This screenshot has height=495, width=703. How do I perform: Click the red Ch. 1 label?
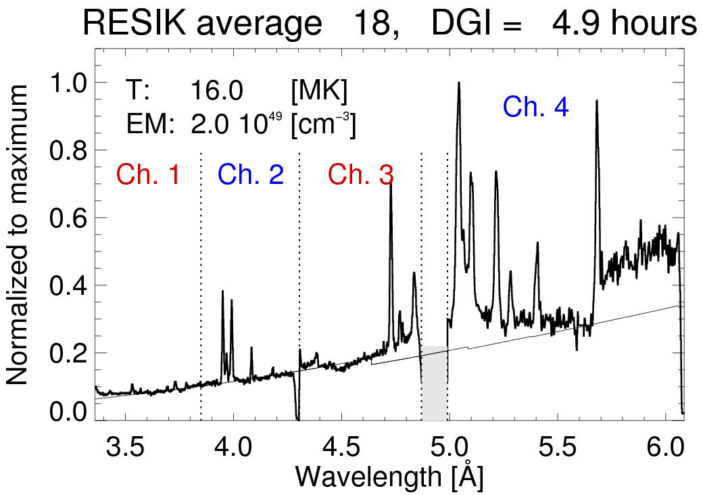[148, 175]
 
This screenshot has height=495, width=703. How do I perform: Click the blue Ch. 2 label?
[250, 175]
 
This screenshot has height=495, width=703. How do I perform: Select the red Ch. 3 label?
[361, 175]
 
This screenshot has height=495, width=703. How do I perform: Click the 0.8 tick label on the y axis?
[70, 150]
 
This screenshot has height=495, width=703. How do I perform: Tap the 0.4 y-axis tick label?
[70, 285]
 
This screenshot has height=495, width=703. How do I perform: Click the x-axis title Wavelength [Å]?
[389, 476]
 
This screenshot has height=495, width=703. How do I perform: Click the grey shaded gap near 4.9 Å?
[435, 383]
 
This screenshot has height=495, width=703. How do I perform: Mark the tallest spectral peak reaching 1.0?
[459, 83]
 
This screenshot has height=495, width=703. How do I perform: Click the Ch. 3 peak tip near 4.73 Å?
[391, 183]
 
